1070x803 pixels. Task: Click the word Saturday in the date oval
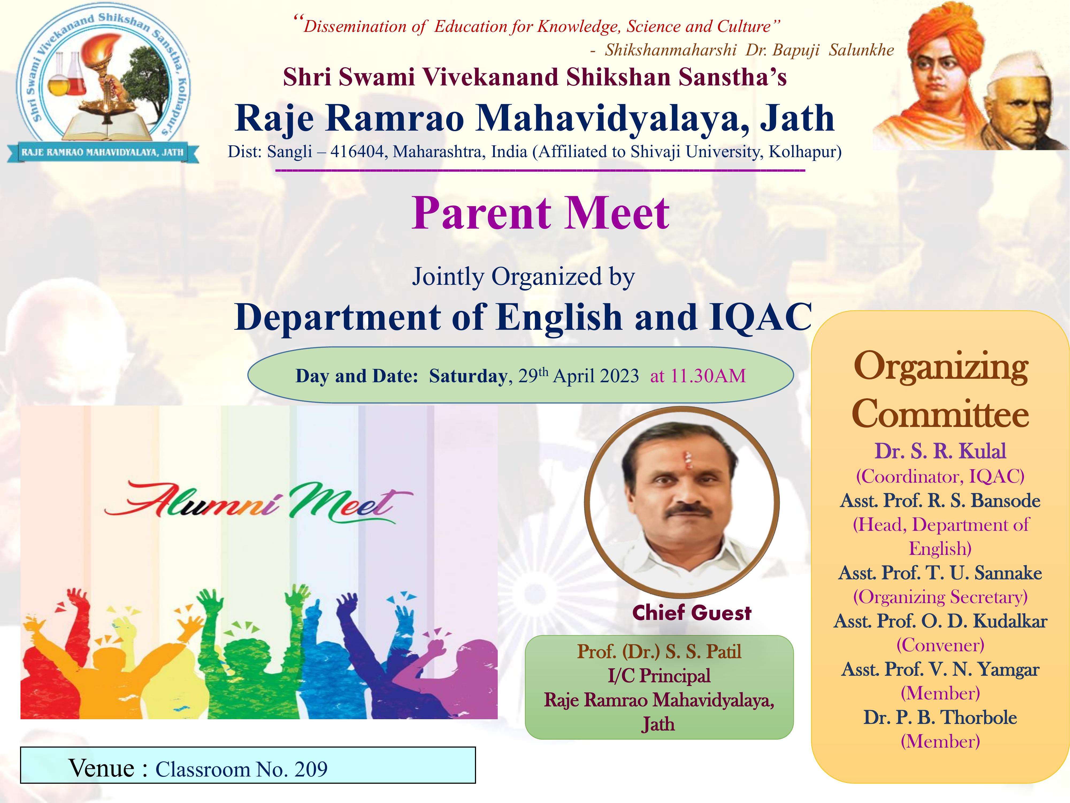(x=468, y=376)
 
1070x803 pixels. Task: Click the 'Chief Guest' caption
(x=692, y=613)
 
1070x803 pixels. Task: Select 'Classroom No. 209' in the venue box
(x=241, y=769)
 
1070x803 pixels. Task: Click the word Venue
(x=101, y=768)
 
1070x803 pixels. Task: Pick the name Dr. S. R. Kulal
(x=940, y=451)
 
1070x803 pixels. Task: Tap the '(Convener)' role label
(x=940, y=645)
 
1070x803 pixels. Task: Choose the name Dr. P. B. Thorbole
(x=940, y=717)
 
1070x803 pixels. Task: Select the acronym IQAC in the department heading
(x=760, y=317)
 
